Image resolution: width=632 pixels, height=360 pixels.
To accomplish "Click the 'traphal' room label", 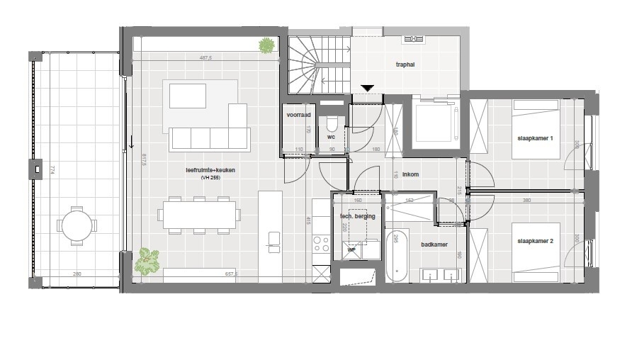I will point(405,64).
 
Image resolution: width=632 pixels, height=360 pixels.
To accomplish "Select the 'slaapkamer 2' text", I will point(535,242).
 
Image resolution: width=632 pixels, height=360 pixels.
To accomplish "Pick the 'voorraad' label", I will point(298,114).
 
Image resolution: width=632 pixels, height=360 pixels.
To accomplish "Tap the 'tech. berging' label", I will point(357,216).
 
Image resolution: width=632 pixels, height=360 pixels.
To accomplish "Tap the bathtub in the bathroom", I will point(396,256).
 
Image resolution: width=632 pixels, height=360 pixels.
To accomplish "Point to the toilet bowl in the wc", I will point(331,123).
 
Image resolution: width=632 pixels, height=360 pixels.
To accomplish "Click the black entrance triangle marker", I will point(367,88).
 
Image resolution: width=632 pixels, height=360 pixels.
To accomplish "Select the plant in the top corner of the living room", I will point(266,46).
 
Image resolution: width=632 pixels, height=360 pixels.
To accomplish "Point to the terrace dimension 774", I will point(52,170).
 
